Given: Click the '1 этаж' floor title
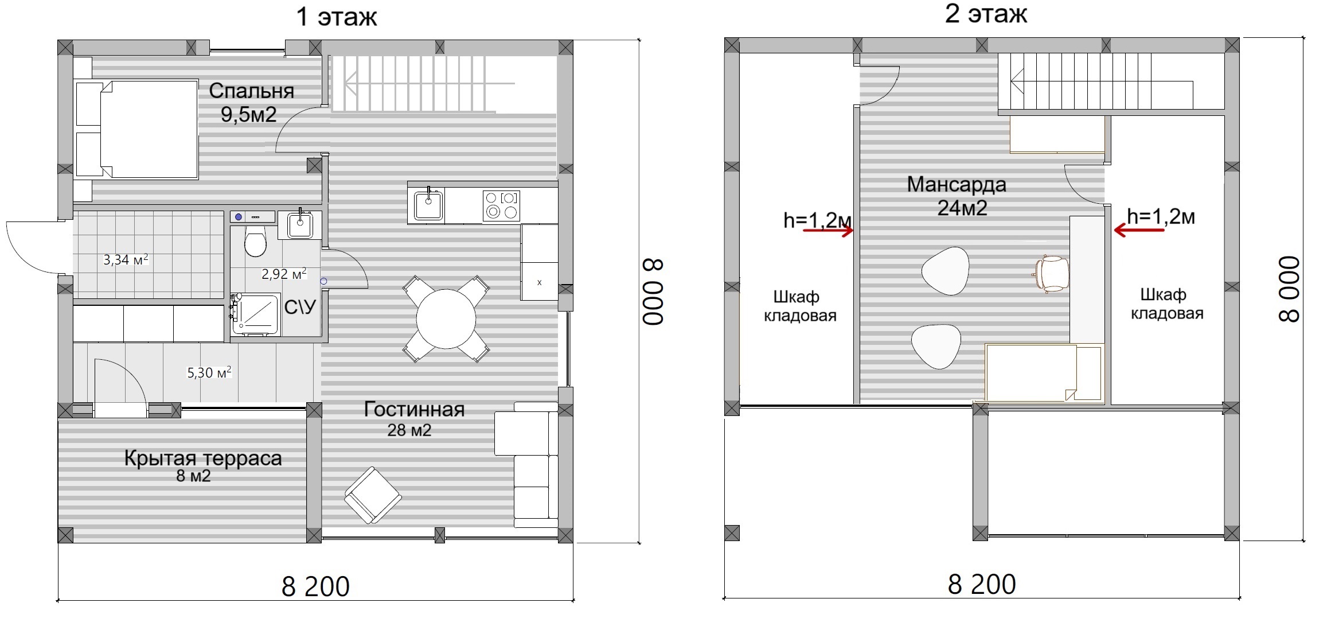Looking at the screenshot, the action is pos(337,17).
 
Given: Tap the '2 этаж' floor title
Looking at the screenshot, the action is pos(986,14).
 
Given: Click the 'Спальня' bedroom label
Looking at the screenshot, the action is pos(251,91).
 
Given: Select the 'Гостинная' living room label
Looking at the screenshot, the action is pos(414,409).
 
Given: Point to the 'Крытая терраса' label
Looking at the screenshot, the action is pos(203,458).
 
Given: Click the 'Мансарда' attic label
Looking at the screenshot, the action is pos(957,185).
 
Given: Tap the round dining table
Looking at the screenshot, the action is pos(446,319).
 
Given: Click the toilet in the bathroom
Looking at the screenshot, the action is pos(255,241).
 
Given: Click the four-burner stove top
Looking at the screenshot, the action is pos(502,205).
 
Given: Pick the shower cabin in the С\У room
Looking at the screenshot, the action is pos(255,315).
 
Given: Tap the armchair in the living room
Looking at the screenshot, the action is pos(373,495).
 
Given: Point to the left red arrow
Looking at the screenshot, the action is pos(828,231).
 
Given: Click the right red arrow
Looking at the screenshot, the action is pos(1139,230).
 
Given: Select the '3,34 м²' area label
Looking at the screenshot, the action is pos(126,260).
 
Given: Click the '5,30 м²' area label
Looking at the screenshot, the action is pos(209,372).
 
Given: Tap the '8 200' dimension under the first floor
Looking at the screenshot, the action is pos(316,586).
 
